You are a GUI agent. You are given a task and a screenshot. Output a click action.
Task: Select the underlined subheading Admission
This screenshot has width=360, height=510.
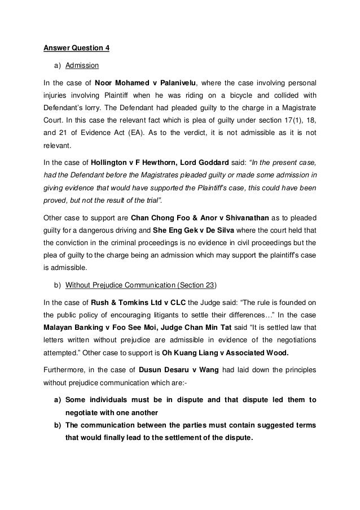[x=82, y=65]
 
